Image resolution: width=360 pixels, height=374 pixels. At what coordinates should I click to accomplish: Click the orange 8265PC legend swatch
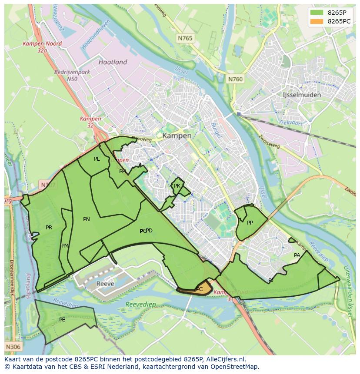pos(317,21)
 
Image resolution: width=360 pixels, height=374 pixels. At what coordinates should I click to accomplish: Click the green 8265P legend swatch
pos(317,13)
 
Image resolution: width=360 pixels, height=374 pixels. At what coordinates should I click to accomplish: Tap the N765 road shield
pos(185,39)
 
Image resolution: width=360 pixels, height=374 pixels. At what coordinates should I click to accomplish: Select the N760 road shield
pos(235,79)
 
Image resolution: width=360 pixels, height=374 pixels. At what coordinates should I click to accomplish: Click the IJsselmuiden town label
pos(301,95)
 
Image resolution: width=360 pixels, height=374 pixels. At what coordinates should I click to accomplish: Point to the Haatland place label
pos(113,62)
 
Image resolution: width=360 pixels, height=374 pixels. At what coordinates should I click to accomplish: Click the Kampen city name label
pos(177,136)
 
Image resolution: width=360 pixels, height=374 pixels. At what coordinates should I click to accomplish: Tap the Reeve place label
pos(105,284)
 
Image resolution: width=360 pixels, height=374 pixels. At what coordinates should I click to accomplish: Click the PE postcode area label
pos(62,320)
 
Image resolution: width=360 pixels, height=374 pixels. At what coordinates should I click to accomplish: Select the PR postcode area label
pos(49,227)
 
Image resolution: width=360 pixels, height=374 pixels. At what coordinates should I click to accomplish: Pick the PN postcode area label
pos(86,219)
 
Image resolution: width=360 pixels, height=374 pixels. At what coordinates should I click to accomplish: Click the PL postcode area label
pos(97,159)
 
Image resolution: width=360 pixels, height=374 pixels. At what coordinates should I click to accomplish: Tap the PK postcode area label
pos(177,186)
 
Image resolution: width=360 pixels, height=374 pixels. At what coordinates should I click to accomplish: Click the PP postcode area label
pos(250,223)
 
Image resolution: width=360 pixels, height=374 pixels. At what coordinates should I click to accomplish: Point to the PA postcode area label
pos(297,255)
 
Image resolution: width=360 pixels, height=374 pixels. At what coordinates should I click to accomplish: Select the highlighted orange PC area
pos(198,289)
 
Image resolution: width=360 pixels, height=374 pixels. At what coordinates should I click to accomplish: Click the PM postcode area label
pos(65,246)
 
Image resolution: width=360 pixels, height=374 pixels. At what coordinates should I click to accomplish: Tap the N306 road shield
pos(13,347)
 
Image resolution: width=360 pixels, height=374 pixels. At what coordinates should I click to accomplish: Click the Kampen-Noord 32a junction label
pos(43,47)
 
